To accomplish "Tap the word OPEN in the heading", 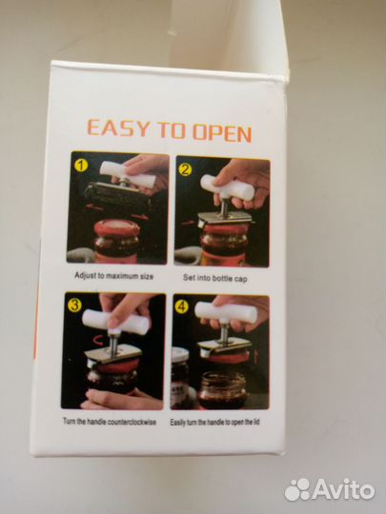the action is click(222, 132).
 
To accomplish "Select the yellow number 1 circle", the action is click(81, 166).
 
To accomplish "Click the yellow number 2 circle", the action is click(185, 169).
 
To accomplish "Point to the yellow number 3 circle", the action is click(74, 306).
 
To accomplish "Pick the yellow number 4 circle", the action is click(181, 306).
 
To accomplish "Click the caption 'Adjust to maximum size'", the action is click(114, 276).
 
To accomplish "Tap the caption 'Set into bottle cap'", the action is click(215, 278).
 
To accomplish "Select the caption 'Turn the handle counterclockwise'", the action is click(110, 422).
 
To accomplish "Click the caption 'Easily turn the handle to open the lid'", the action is click(214, 423).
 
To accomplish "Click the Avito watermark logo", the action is click(329, 490).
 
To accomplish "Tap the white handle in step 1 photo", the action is click(128, 175).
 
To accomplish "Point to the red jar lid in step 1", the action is click(117, 227).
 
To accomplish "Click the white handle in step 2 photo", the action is click(227, 188).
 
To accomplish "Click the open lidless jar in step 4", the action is click(222, 390).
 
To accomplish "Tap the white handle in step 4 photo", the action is click(226, 312).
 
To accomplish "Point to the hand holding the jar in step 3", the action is click(121, 399).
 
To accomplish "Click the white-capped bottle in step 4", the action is click(179, 377).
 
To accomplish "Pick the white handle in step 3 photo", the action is click(115, 322).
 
